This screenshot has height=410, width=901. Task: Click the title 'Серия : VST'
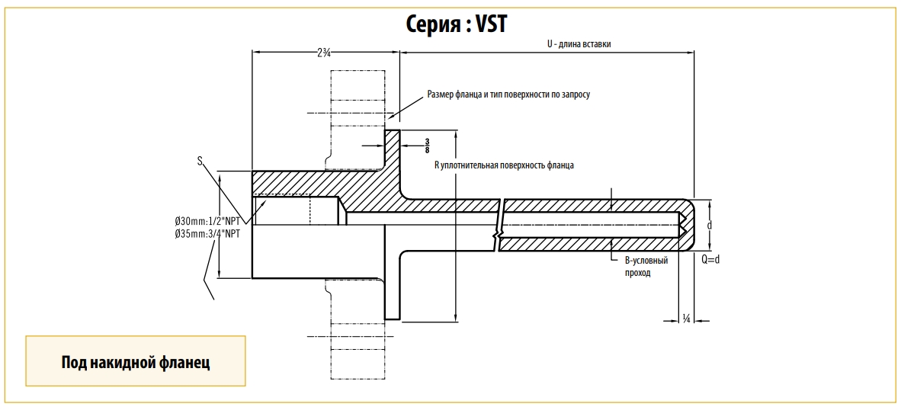456,24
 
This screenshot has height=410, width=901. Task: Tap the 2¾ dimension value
324,53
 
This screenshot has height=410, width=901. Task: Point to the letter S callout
200,161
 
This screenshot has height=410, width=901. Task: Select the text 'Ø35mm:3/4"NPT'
207,234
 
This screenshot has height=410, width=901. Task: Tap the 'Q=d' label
710,259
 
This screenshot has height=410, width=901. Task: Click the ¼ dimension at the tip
687,318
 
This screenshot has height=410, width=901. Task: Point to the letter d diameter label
710,226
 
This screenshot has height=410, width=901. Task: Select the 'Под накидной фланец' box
136,361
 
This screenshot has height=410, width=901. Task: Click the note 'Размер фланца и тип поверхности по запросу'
508,94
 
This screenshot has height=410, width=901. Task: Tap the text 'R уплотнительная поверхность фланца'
504,165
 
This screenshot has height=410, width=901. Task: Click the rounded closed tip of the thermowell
689,225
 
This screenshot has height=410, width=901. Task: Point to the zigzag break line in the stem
499,225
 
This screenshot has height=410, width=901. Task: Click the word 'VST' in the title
491,24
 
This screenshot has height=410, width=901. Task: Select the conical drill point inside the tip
682,225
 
